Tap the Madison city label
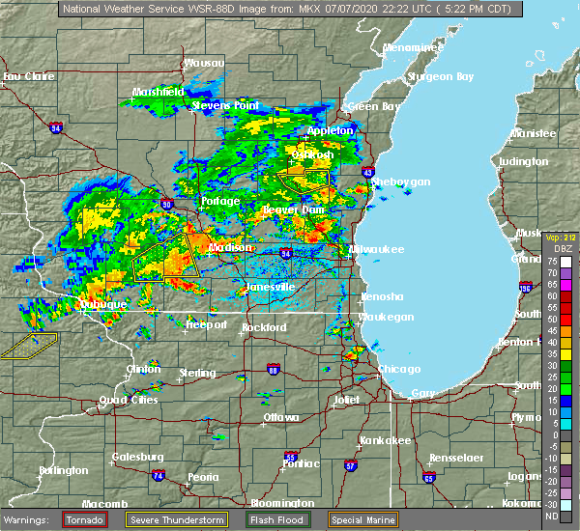click(x=230, y=247)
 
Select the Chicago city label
click(x=399, y=369)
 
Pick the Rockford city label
click(x=264, y=327)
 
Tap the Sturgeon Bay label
click(x=444, y=76)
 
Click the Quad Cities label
click(x=125, y=400)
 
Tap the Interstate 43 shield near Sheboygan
click(x=369, y=172)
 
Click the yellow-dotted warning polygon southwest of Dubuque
click(x=29, y=345)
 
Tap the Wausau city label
click(x=204, y=63)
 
